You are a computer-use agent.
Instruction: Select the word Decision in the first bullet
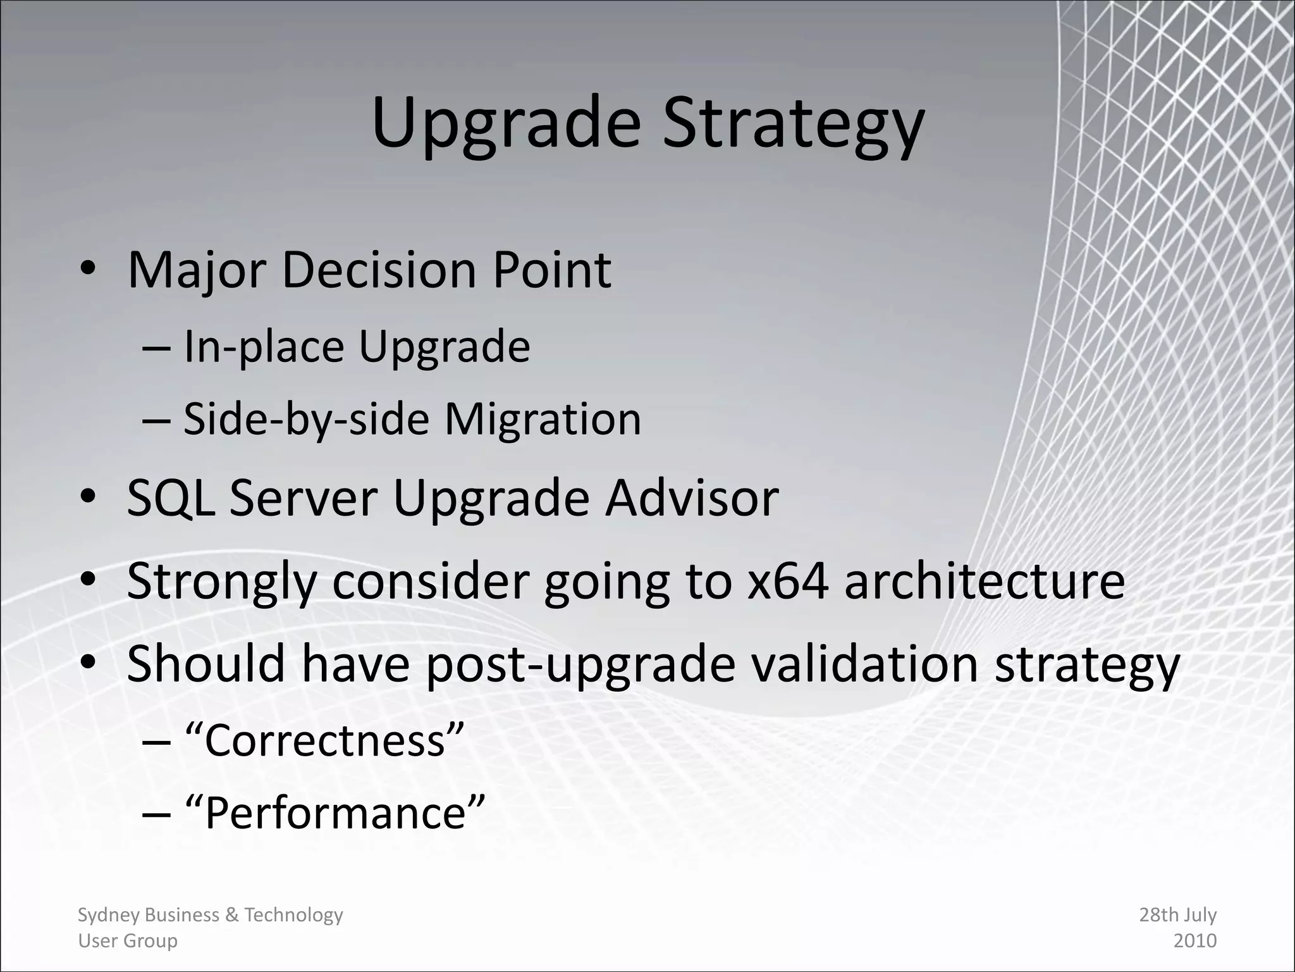[x=378, y=270]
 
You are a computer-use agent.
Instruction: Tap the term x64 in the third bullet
[x=787, y=581]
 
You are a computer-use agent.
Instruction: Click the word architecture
[x=985, y=581]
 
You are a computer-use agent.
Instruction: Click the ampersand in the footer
[x=231, y=915]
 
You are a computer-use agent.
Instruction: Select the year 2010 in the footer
[x=1194, y=941]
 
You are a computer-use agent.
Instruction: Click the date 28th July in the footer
[x=1177, y=915]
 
